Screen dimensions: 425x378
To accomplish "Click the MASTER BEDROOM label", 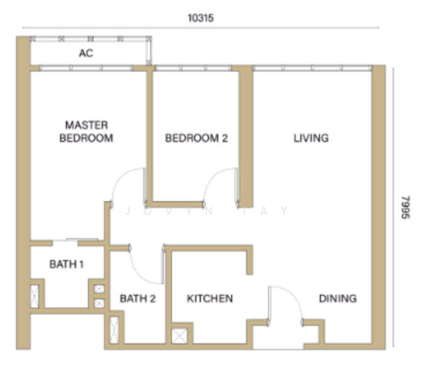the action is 86,132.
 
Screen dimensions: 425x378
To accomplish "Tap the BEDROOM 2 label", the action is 196,138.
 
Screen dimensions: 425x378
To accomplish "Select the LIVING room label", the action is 311,138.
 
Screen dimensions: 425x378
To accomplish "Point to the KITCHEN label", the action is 210,299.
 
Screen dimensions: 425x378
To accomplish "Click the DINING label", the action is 337,299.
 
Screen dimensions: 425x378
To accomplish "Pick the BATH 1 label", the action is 66,264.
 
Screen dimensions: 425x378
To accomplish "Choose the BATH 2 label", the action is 138,299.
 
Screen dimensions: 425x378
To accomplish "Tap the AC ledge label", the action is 86,53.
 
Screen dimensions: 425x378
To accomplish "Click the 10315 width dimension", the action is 201,18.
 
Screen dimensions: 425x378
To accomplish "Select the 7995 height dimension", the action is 405,207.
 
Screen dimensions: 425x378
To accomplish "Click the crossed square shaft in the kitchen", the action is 179,336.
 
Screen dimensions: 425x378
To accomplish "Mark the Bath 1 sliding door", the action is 82,239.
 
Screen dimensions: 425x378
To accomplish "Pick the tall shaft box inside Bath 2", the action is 115,330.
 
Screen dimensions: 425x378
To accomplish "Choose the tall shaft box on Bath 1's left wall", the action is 35,296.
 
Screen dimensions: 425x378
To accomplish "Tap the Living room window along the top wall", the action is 312,68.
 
